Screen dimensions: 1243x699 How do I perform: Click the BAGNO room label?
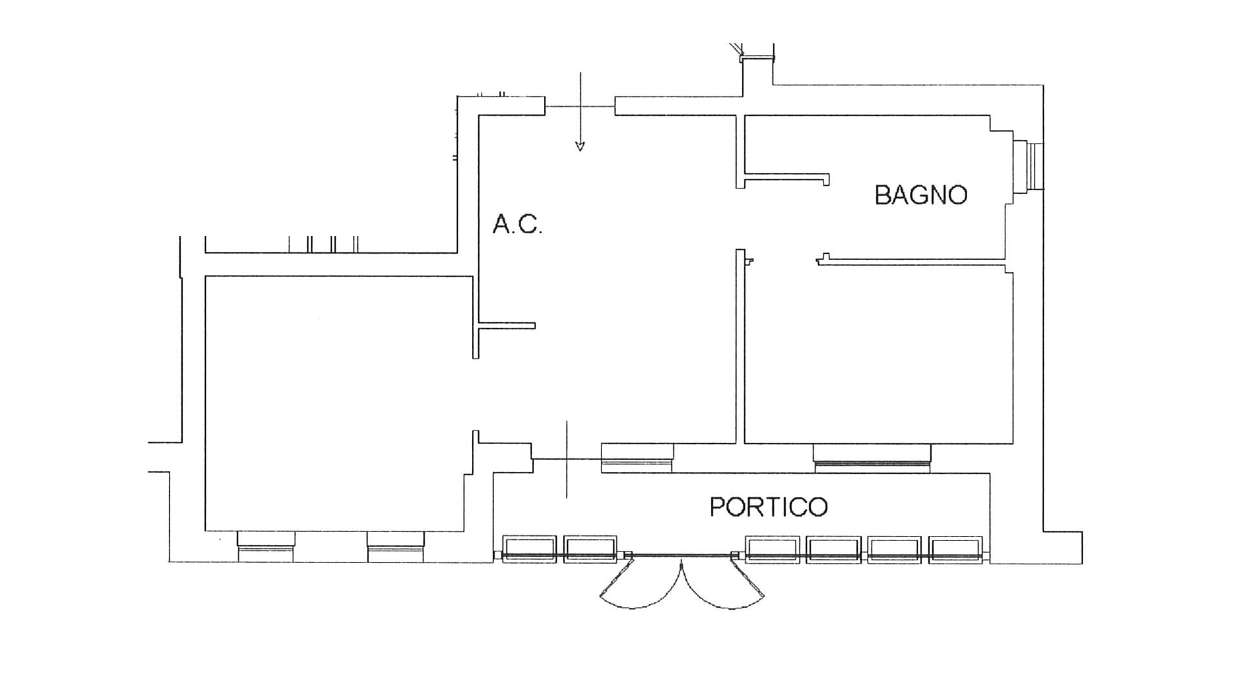(x=921, y=195)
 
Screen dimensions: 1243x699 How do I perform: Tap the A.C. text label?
(x=517, y=225)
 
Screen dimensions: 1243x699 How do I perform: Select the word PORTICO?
(x=768, y=507)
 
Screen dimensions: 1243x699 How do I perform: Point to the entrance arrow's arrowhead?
(x=580, y=146)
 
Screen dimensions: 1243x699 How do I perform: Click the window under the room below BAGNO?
(x=871, y=459)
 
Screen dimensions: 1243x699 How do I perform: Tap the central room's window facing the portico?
(x=638, y=459)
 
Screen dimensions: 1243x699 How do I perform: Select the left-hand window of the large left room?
(x=265, y=547)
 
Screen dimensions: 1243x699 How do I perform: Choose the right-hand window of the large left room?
(x=396, y=547)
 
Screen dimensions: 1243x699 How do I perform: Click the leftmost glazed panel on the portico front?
(x=530, y=549)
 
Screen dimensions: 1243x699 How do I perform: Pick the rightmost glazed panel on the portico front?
(x=955, y=549)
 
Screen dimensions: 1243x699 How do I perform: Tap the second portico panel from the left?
(x=590, y=549)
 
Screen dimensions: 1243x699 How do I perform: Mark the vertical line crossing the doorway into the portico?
(x=567, y=460)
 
